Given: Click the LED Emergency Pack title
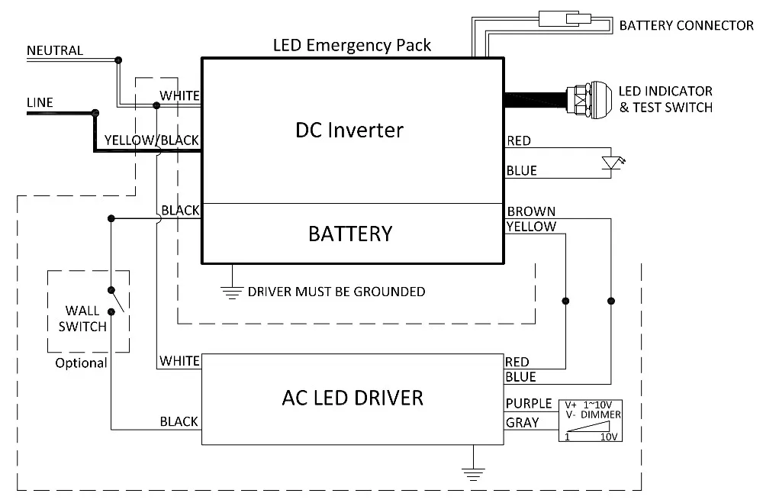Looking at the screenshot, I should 352,45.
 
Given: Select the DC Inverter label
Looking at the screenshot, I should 349,130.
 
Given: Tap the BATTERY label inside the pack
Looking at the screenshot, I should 350,234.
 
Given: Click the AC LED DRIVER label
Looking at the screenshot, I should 352,398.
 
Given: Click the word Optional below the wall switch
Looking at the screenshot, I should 81,363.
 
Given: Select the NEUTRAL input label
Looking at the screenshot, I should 55,50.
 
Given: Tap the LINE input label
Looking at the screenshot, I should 40,102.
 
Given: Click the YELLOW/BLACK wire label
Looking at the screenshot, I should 151,140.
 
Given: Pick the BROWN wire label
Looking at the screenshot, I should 531,211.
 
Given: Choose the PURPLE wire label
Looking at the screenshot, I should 528,404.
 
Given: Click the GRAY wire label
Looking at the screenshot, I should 523,422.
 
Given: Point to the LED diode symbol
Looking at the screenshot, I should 610,163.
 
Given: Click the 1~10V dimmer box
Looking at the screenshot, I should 591,421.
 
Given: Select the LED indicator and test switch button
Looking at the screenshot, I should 588,99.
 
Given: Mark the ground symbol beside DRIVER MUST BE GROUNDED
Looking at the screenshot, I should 230,291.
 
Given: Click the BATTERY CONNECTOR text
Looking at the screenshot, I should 686,26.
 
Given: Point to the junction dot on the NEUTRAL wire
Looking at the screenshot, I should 118,60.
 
